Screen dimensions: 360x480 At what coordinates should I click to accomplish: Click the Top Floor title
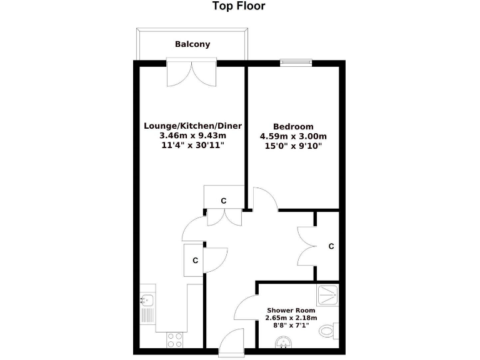coord(239,7)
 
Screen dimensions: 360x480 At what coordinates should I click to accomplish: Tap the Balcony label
coord(192,44)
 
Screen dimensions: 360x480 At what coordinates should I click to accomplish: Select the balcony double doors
coord(192,74)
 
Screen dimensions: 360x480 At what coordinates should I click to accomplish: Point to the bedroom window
coord(295,62)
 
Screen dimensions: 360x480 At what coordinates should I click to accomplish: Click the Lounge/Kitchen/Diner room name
coord(192,126)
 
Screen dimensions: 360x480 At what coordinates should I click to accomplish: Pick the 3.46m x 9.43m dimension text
coord(192,135)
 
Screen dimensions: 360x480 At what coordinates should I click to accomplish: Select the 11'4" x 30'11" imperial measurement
coord(192,145)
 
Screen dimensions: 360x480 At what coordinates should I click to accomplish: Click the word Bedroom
coord(293,126)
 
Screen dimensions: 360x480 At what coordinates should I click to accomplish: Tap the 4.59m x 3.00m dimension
coord(293,136)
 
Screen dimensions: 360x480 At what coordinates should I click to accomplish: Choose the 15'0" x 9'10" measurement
coord(293,146)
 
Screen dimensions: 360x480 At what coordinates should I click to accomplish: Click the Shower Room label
coord(291,310)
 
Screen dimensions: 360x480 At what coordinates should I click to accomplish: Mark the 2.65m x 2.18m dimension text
coord(291,318)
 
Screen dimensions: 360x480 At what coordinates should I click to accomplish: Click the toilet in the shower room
coord(328,330)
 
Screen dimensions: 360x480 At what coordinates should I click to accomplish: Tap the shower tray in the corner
coord(327,295)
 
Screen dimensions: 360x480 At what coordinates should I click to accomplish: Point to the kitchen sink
coord(147,307)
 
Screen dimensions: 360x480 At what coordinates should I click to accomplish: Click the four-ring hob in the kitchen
coord(174,340)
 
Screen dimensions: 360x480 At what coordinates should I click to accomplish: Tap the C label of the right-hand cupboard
coord(331,246)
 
